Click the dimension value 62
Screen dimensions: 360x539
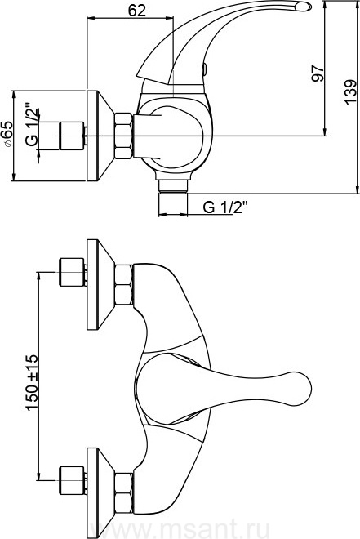click(137, 10)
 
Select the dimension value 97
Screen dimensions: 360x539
click(318, 73)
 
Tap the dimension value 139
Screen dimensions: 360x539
click(350, 92)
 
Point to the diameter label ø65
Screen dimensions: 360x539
click(8, 134)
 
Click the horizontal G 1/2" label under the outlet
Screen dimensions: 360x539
click(224, 207)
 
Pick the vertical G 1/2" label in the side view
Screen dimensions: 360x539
click(32, 125)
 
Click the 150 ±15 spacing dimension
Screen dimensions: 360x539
click(32, 382)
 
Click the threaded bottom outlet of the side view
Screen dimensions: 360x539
click(173, 187)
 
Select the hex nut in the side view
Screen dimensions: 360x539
click(123, 136)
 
